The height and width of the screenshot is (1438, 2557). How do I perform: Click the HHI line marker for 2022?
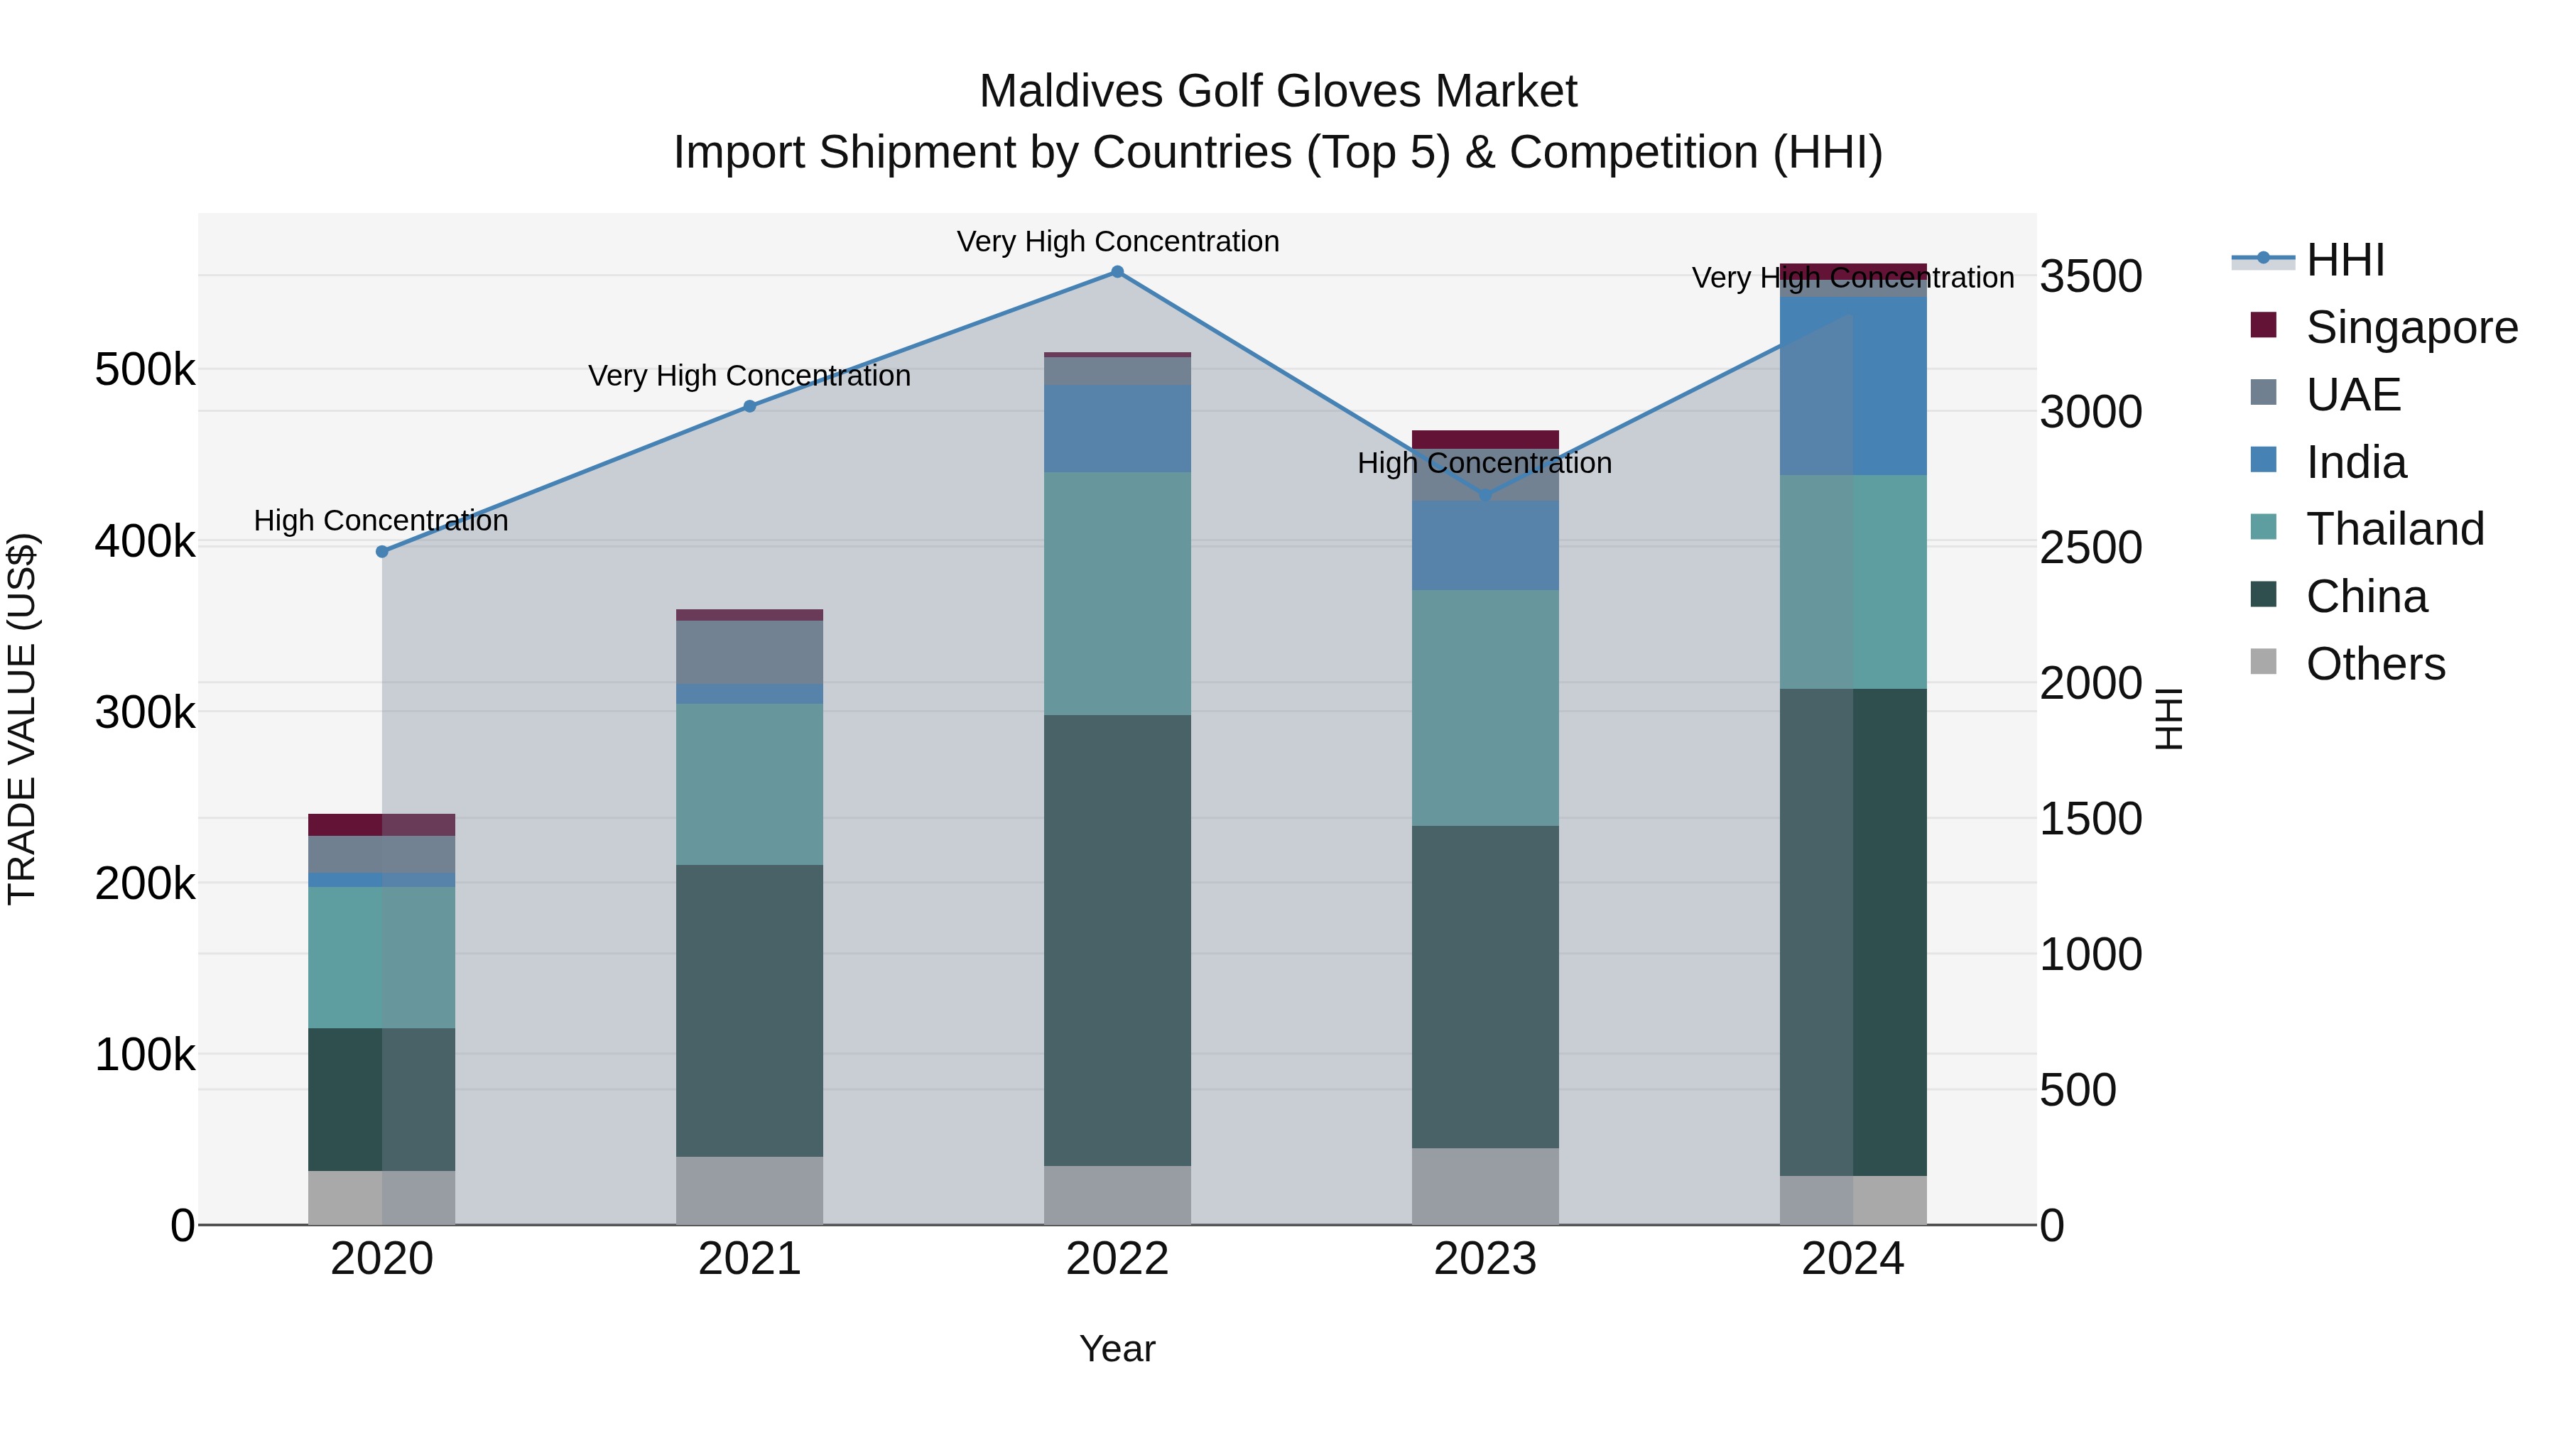pos(1117,272)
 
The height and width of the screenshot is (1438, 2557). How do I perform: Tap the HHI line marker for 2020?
pos(382,552)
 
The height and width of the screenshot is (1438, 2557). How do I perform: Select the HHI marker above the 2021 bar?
pos(749,406)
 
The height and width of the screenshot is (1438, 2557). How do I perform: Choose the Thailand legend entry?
pos(2394,529)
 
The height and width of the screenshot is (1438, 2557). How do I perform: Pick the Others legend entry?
pos(2374,664)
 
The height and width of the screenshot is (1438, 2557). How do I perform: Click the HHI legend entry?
pos(2344,260)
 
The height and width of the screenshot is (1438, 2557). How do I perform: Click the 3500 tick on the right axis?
pos(2090,277)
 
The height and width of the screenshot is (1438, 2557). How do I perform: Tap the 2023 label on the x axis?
pos(1485,1259)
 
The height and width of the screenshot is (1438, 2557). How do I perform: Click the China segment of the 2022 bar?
pos(1117,939)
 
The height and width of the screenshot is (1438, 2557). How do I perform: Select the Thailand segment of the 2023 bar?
pos(1485,707)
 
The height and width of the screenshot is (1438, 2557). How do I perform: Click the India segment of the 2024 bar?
pos(1852,386)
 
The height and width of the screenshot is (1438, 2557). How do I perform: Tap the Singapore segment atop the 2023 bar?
pos(1485,439)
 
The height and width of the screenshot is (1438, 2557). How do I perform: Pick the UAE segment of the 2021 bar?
pos(749,652)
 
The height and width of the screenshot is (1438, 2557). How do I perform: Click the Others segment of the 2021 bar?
pos(749,1190)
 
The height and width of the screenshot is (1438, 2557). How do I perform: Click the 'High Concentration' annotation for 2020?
pos(381,521)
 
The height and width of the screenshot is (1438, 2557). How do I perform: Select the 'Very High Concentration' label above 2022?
pos(1118,242)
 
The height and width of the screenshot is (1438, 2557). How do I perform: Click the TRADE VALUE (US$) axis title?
pos(22,719)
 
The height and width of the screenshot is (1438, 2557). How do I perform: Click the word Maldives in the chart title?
pos(1072,92)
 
